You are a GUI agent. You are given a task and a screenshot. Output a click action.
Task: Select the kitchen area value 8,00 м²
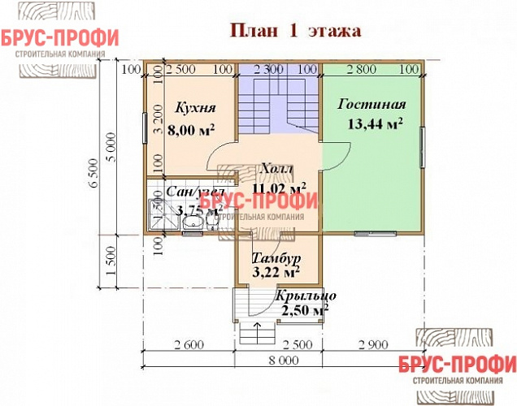click(x=191, y=128)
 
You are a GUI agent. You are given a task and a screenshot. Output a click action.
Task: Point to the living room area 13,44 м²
click(x=375, y=123)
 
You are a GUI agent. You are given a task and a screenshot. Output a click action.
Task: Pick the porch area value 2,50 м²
click(x=304, y=310)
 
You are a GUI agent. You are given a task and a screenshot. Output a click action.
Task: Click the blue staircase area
click(x=277, y=106)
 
